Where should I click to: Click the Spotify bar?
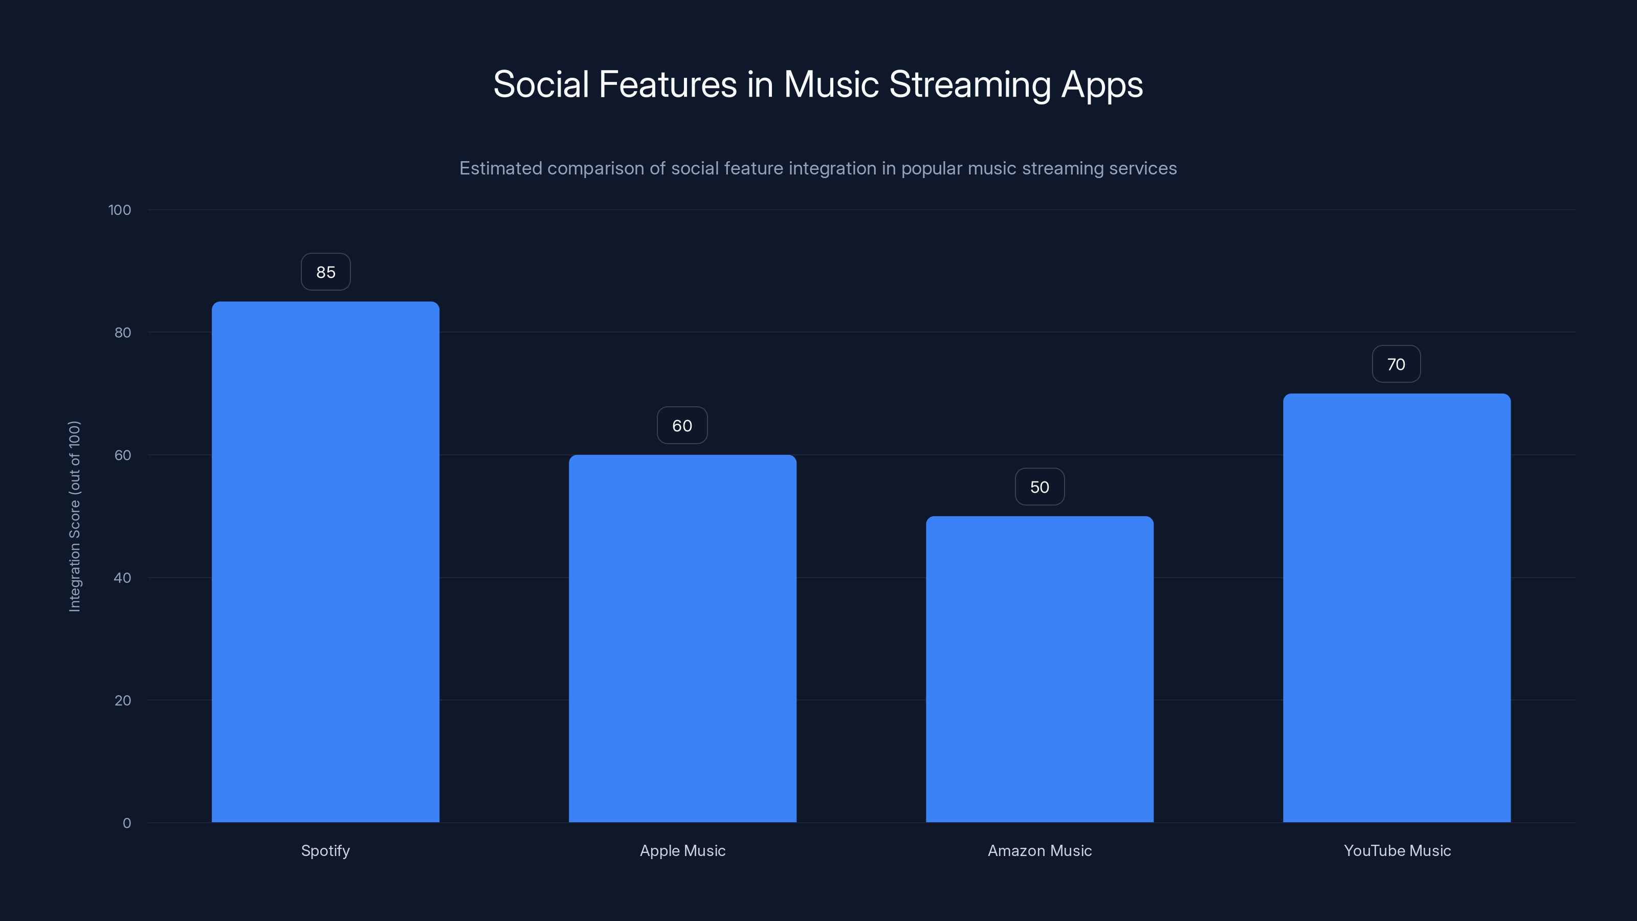tap(325, 562)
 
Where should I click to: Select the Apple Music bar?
tap(682, 638)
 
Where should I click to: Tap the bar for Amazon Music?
tap(1039, 669)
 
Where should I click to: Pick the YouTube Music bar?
tap(1397, 608)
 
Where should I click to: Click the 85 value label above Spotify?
tap(325, 272)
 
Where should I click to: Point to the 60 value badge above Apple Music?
tap(682, 425)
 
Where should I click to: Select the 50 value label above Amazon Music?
tap(1039, 487)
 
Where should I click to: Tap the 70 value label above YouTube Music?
tap(1396, 364)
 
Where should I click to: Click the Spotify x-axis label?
tap(325, 850)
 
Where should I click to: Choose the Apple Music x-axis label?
tap(682, 850)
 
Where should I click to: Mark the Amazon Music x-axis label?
tap(1039, 850)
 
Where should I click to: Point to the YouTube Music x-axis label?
tap(1397, 850)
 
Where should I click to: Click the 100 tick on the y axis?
tap(120, 210)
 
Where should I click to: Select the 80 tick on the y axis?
tap(123, 333)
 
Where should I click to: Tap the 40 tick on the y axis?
tap(123, 578)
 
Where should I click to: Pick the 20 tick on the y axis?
tap(123, 700)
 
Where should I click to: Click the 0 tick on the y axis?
tap(126, 823)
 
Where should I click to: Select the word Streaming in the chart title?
tap(970, 84)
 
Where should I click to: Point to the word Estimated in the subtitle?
tap(500, 168)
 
